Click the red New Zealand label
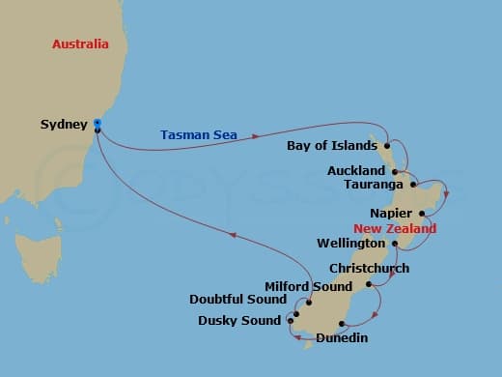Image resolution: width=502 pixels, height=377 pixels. coord(395,229)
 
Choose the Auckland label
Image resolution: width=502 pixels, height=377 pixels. coord(356,170)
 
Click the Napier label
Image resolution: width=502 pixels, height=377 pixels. coord(390,213)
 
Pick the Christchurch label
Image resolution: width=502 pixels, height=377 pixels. coord(369,268)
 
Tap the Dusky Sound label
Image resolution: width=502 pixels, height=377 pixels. coord(239,320)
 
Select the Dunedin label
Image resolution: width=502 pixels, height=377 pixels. coord(342,338)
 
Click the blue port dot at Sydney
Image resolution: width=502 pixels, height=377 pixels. coord(98,122)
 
